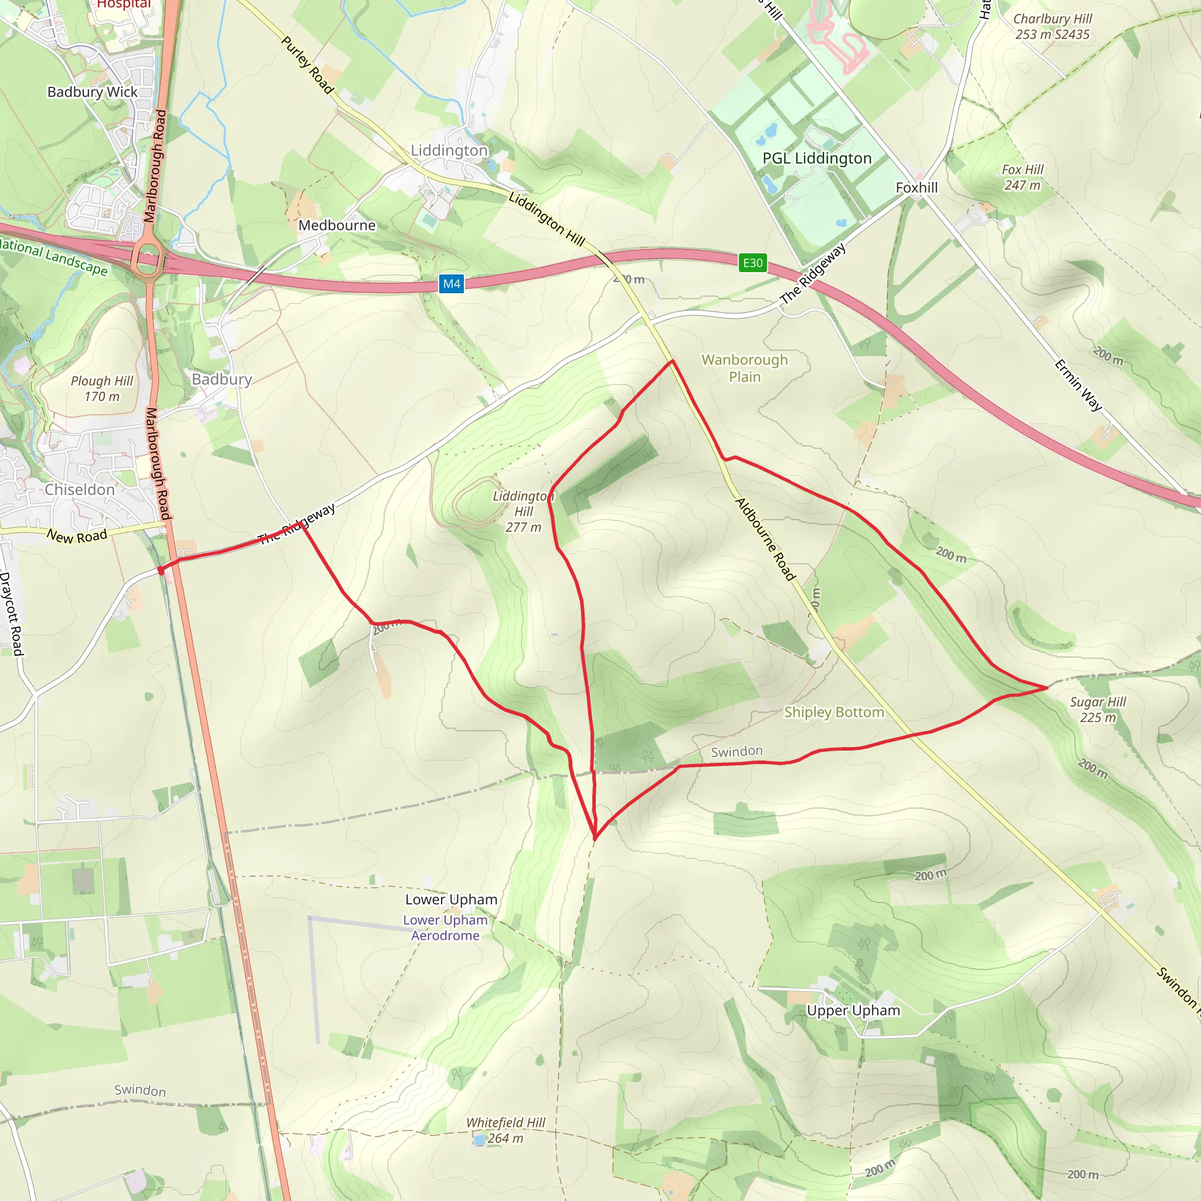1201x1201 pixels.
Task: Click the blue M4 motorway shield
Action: (x=452, y=284)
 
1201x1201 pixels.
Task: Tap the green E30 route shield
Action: (x=752, y=263)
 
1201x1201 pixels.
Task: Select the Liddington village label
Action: (x=449, y=151)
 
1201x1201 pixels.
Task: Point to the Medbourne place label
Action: (x=337, y=225)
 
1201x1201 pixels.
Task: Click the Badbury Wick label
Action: (x=93, y=92)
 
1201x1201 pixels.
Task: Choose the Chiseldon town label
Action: (x=80, y=490)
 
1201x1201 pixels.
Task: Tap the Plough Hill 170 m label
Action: (x=102, y=389)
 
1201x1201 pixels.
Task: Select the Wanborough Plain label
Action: (x=745, y=368)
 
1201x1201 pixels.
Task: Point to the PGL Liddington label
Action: (x=817, y=158)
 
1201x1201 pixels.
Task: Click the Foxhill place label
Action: (x=917, y=188)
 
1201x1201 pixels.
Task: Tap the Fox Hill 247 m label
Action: (x=1022, y=177)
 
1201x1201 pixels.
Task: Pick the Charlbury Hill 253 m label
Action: (x=1053, y=27)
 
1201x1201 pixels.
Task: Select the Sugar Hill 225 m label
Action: (x=1098, y=710)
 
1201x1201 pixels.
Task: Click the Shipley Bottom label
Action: (x=834, y=713)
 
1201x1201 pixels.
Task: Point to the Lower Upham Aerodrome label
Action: (x=445, y=928)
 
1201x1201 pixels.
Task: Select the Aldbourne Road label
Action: (x=765, y=539)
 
